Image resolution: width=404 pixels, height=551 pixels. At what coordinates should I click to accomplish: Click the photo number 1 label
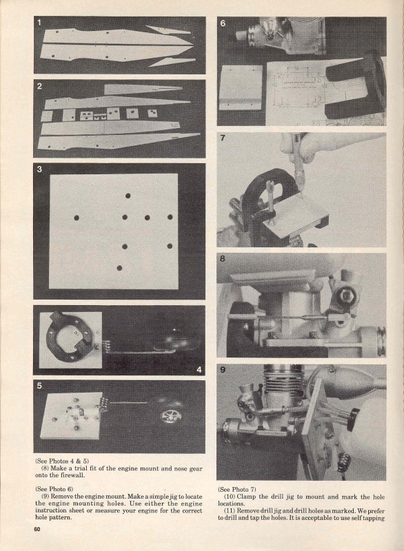point(39,23)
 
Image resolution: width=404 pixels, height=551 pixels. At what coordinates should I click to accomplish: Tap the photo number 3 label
point(39,169)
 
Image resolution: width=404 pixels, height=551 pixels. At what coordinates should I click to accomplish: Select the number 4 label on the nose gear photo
point(199,370)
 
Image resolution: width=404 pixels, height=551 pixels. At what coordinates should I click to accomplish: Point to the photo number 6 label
point(223,23)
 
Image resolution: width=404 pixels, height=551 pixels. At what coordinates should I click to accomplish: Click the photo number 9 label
point(223,370)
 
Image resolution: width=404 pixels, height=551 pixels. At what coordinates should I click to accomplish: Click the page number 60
point(37,529)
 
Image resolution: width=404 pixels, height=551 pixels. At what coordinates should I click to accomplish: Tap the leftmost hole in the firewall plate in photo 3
point(77,218)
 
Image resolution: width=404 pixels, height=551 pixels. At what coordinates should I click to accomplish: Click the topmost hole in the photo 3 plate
point(128,196)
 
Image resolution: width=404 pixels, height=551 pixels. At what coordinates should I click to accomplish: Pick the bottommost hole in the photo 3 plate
point(119,268)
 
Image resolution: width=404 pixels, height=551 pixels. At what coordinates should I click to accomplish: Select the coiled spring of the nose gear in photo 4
point(108,346)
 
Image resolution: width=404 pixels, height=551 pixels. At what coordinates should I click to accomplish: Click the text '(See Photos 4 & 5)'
point(62,461)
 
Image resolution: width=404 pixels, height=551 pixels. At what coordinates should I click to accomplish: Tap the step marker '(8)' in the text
point(45,468)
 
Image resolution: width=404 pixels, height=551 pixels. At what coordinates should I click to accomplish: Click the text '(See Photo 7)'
point(237,490)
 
